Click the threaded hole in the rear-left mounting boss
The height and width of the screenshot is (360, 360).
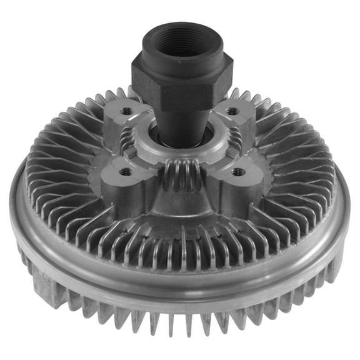[126, 111]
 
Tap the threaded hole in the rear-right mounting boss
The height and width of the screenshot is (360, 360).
[232, 111]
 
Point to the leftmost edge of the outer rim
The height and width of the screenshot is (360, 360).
[12, 206]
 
